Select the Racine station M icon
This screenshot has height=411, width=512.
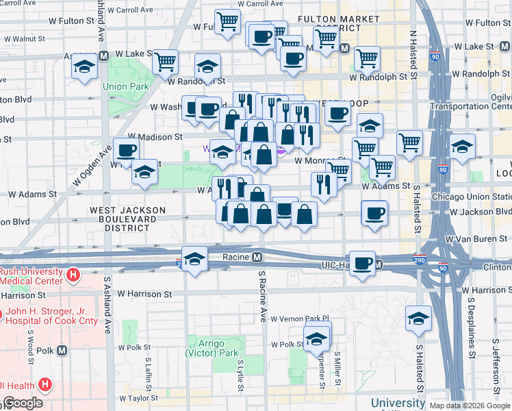pos(257,258)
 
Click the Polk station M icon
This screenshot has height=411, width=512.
pos(62,351)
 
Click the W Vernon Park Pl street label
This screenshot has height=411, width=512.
pos(300,319)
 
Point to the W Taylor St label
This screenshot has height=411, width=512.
pos(140,397)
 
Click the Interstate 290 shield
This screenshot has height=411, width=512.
pos(420,260)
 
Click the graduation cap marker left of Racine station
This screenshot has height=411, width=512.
pos(195,260)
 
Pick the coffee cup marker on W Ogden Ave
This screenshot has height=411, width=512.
pos(125,151)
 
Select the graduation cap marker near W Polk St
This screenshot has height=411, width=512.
pos(317,338)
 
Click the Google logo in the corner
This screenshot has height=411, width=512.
pos(24,403)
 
